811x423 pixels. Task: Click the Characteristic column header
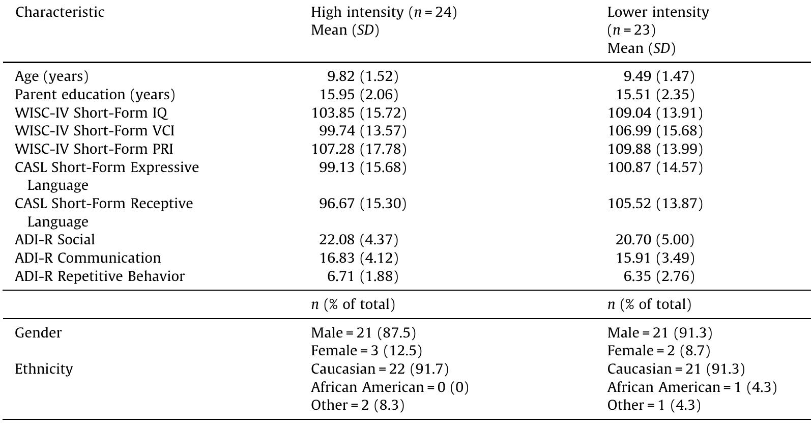click(60, 12)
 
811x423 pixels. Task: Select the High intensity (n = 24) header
click(384, 12)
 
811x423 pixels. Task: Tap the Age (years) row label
click(51, 76)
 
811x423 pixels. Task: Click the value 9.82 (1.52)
click(362, 76)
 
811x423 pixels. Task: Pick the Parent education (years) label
click(95, 95)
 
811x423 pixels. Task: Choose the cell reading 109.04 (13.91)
click(655, 113)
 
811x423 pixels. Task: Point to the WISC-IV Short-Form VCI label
click(95, 131)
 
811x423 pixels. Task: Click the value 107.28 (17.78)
click(359, 149)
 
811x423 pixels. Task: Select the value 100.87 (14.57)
click(655, 167)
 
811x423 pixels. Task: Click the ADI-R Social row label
click(55, 240)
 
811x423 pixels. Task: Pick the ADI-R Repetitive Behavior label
click(100, 276)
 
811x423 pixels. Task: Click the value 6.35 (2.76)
click(659, 276)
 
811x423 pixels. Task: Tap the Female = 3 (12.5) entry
click(366, 351)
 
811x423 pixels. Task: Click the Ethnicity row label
click(44, 369)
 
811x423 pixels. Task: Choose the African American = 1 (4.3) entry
click(692, 387)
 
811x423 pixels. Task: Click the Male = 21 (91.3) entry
click(659, 333)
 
